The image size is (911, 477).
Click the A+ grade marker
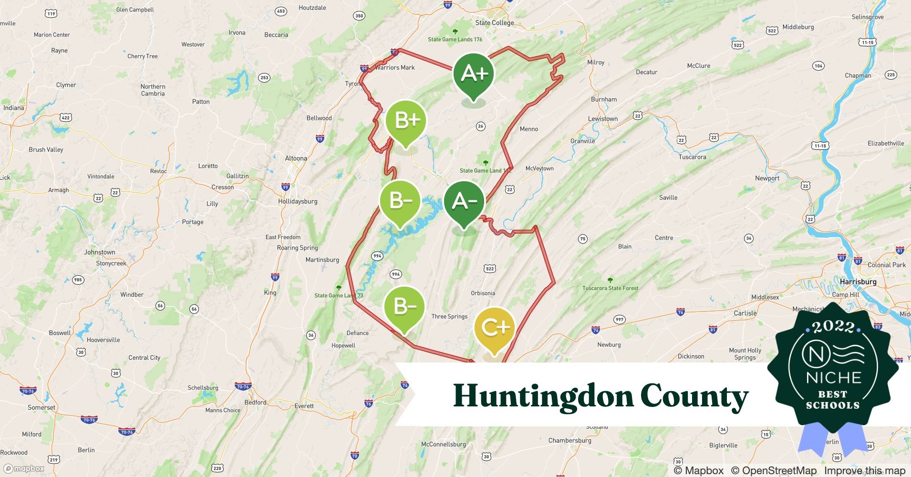click(x=474, y=74)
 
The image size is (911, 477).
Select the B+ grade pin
click(x=405, y=121)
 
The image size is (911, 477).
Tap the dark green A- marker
click(x=464, y=202)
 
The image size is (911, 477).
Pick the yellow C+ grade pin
click(x=495, y=328)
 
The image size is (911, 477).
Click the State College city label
click(x=495, y=23)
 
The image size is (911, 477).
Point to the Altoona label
click(x=296, y=158)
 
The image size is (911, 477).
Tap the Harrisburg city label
click(x=858, y=282)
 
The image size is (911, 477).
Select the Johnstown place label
click(x=100, y=252)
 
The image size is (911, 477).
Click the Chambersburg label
click(x=569, y=440)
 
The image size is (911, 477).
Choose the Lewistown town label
click(x=602, y=119)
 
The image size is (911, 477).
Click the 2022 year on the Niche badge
click(x=833, y=327)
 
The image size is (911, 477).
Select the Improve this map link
click(x=864, y=471)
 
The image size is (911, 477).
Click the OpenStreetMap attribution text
click(x=774, y=471)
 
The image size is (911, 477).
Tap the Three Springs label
click(x=449, y=316)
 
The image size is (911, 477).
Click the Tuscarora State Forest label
click(x=610, y=288)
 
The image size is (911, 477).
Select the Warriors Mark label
click(x=394, y=68)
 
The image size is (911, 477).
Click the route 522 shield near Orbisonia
click(x=490, y=269)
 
